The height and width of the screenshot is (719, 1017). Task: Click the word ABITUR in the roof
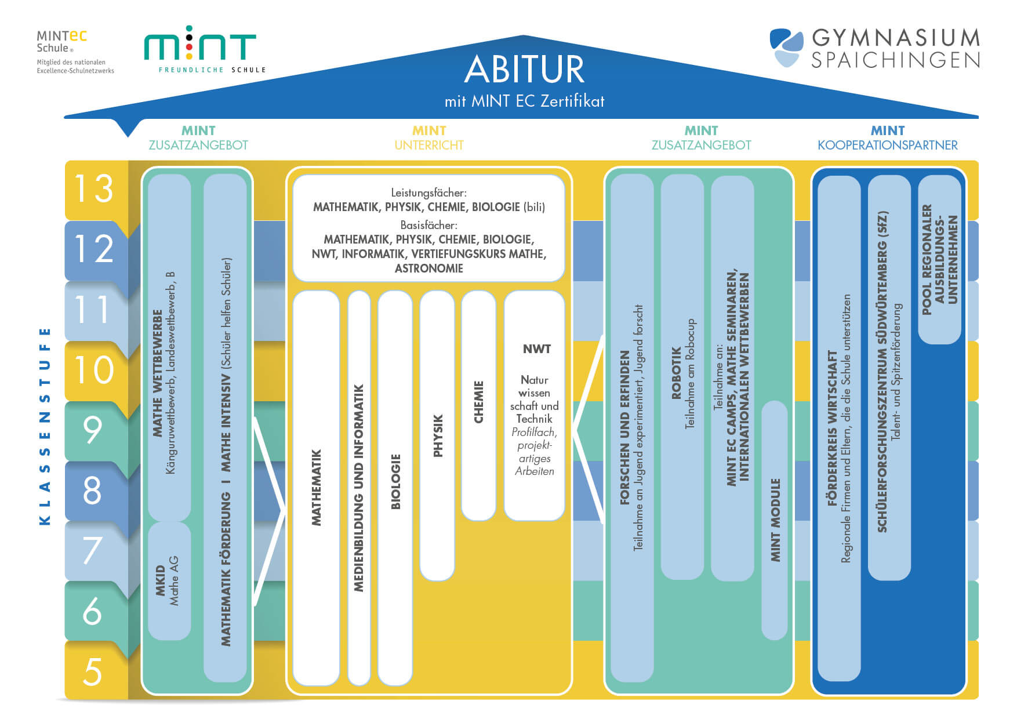(524, 70)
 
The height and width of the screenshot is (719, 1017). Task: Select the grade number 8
(93, 491)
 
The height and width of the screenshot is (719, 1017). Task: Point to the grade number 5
(93, 671)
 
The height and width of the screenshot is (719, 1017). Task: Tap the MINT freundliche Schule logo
(201, 49)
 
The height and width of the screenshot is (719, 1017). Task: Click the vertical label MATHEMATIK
(317, 487)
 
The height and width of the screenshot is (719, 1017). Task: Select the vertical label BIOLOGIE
(396, 481)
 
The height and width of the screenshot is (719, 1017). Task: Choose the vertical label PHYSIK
(438, 435)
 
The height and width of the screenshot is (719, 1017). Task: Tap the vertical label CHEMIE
(479, 402)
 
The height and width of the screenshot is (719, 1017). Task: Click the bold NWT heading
(536, 349)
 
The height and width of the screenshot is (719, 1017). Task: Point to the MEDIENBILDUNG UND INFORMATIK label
(359, 487)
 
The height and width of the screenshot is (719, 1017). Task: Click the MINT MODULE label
(775, 520)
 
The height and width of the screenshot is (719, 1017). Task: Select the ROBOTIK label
(676, 373)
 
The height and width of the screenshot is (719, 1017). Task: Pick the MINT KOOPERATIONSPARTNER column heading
(887, 138)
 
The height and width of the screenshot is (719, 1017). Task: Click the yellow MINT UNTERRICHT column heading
(429, 138)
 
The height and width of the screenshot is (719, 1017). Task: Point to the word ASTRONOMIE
(429, 268)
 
